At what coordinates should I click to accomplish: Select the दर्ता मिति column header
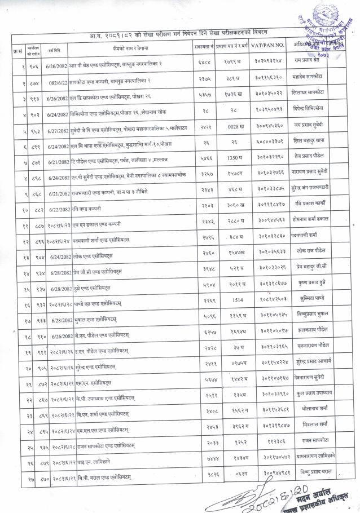40,43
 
